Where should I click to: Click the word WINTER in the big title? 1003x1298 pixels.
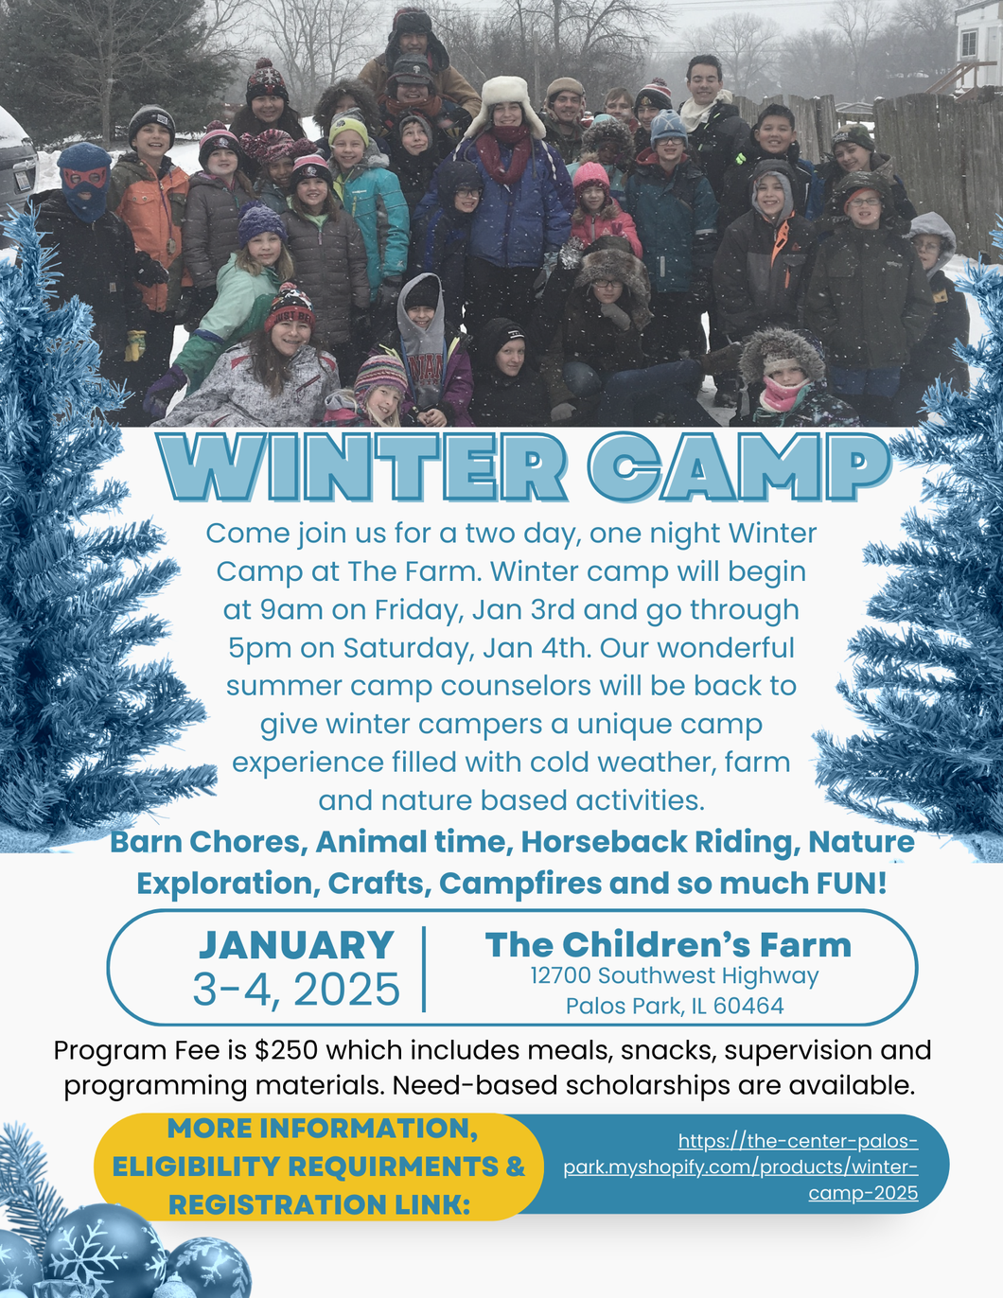[361, 466]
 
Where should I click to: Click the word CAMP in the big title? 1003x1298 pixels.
[739, 466]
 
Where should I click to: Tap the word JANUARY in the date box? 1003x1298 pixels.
[296, 945]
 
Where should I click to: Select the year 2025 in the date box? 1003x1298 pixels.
[346, 990]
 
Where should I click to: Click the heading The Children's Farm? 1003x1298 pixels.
[668, 944]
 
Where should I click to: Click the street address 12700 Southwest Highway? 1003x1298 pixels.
[675, 976]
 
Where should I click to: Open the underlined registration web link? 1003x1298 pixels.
[741, 1166]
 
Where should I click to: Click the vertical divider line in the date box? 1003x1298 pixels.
[424, 969]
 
